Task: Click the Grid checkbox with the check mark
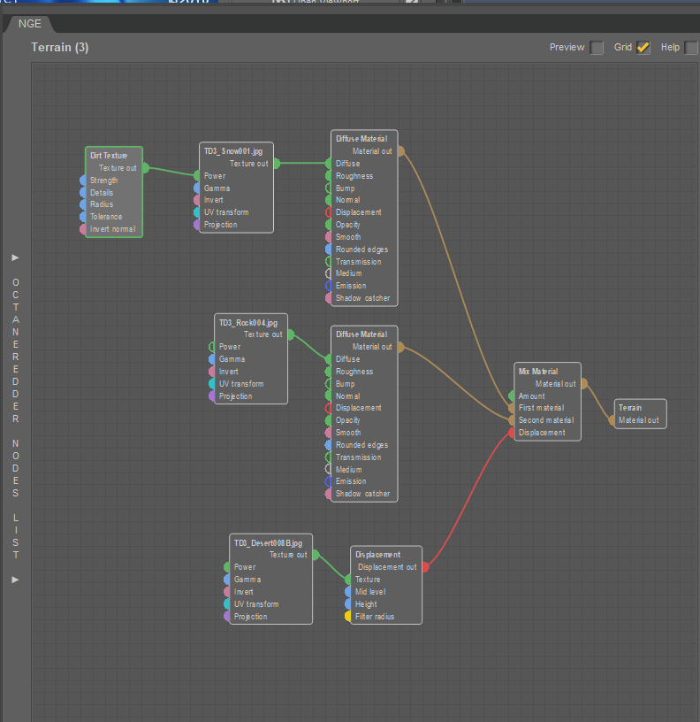point(643,48)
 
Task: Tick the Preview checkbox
point(597,48)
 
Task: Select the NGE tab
point(30,24)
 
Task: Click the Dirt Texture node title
point(109,156)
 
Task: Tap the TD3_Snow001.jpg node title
point(233,151)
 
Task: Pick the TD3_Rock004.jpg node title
point(247,322)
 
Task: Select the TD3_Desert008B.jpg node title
point(268,542)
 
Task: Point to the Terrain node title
point(630,408)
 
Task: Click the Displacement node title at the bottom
point(377,555)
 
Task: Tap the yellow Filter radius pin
point(348,617)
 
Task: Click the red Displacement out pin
point(424,567)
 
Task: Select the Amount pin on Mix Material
point(512,396)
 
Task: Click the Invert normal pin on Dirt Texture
point(84,229)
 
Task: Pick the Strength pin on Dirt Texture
point(84,180)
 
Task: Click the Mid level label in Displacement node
point(370,592)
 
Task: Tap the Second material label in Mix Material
point(546,420)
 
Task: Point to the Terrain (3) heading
point(60,47)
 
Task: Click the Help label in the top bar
point(670,48)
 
